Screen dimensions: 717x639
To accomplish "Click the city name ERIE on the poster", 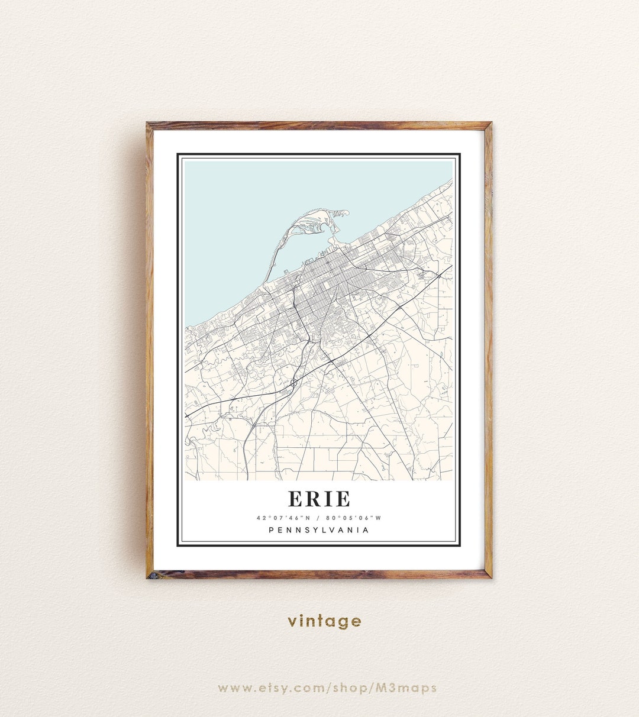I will coord(319,499).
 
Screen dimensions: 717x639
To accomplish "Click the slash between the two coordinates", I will coord(319,518).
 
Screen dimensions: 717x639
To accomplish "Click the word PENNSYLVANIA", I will coord(319,530).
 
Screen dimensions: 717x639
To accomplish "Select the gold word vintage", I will coord(324,621).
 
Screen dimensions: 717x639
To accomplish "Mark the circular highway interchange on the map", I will coord(293,384).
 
